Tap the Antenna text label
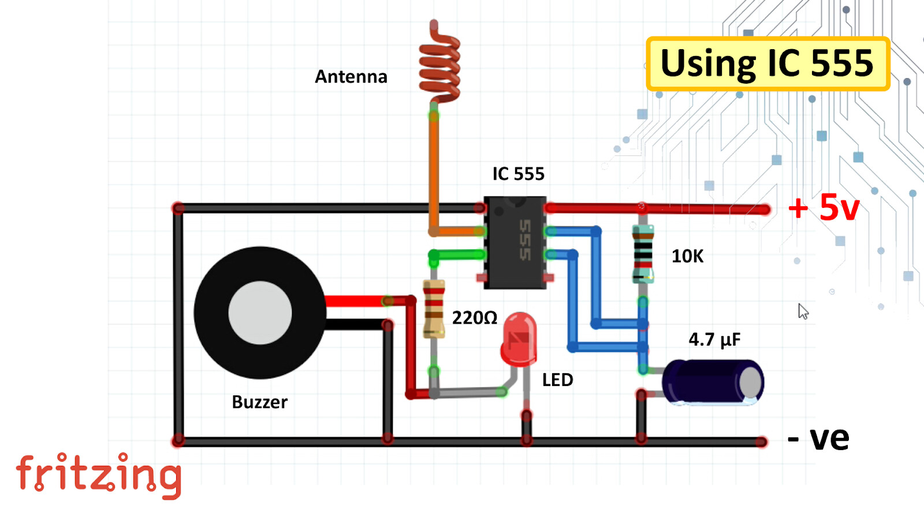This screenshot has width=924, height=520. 351,77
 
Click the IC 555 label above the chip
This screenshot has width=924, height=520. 518,174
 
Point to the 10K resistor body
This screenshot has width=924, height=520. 643,254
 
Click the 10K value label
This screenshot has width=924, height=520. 687,256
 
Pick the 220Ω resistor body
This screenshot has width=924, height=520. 434,309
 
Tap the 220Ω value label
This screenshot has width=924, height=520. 474,318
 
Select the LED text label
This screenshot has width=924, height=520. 557,380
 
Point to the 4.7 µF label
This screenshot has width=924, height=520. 714,339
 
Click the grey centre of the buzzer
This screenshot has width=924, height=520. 260,313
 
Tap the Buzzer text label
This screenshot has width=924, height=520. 259,402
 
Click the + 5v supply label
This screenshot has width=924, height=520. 824,207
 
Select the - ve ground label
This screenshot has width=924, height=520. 818,439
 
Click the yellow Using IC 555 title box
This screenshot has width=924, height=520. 767,64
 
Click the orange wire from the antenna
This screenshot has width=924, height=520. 433,173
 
